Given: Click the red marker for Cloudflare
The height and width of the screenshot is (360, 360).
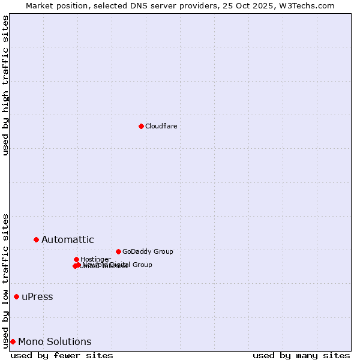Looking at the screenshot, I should pyautogui.click(x=141, y=126).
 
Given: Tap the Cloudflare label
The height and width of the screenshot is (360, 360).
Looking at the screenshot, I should pyautogui.click(x=161, y=126).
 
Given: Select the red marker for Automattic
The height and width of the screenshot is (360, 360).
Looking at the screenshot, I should pyautogui.click(x=36, y=239).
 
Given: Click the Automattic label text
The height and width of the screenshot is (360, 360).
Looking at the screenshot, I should pyautogui.click(x=67, y=240).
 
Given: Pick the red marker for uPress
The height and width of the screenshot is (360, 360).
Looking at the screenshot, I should pyautogui.click(x=16, y=296).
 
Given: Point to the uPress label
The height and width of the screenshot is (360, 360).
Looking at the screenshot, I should pyautogui.click(x=37, y=297).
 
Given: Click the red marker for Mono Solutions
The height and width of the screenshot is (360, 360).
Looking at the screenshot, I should pyautogui.click(x=13, y=341).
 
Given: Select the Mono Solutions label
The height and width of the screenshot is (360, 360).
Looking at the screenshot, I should pyautogui.click(x=55, y=342).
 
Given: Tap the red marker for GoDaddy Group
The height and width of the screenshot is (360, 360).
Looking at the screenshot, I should pyautogui.click(x=118, y=251).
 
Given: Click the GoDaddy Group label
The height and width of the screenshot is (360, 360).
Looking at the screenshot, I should pyautogui.click(x=148, y=251).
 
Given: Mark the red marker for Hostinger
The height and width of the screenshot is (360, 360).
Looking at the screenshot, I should pyautogui.click(x=76, y=259).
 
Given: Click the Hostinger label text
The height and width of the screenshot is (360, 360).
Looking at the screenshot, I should pyautogui.click(x=95, y=259).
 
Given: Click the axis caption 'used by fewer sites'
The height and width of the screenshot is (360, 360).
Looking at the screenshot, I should pyautogui.click(x=62, y=355).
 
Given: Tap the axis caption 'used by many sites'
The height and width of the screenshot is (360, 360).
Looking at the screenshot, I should pyautogui.click(x=301, y=355).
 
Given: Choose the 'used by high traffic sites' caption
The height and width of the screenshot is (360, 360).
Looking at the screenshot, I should pyautogui.click(x=5, y=85).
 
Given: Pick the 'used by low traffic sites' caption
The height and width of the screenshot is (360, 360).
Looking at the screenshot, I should pyautogui.click(x=5, y=280).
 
